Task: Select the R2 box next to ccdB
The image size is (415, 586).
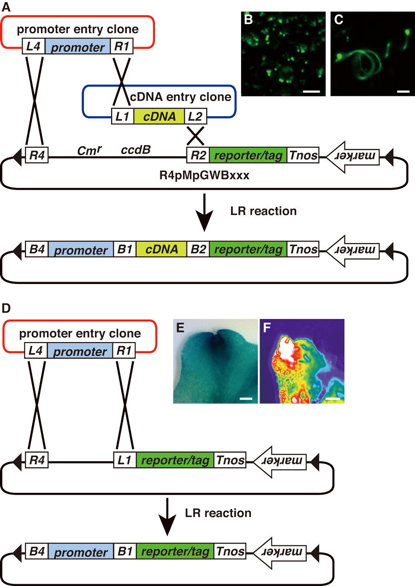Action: [x=198, y=155]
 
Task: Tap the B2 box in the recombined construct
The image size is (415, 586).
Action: [x=198, y=249]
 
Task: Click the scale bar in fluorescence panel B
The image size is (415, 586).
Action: [x=311, y=91]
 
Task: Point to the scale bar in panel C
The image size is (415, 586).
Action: [x=403, y=91]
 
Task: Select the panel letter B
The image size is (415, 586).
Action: [x=248, y=21]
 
